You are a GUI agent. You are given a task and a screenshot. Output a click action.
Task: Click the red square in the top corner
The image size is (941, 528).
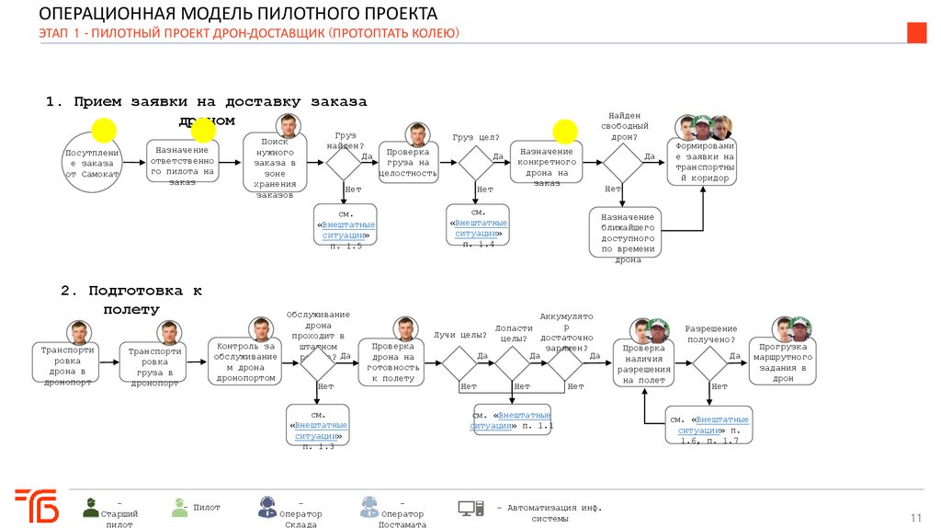click(x=916, y=33)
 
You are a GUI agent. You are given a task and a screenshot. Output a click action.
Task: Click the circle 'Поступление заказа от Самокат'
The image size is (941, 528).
click(x=92, y=163)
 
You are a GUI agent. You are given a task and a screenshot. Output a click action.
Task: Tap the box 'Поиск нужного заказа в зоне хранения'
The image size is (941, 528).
click(x=275, y=164)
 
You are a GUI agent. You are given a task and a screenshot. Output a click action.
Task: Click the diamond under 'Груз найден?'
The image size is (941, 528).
click(x=345, y=164)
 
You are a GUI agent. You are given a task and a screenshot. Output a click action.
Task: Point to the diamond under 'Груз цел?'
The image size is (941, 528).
click(x=476, y=164)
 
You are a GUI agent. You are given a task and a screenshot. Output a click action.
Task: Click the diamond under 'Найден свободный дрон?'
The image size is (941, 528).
click(x=622, y=164)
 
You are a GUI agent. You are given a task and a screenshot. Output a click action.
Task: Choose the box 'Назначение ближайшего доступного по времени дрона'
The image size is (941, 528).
click(x=625, y=232)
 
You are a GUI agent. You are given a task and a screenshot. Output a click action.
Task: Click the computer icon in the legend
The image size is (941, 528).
click(x=470, y=508)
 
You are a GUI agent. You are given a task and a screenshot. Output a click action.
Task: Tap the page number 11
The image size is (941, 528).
click(x=915, y=516)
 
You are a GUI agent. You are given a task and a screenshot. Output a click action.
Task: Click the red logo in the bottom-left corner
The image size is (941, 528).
click(x=37, y=506)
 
